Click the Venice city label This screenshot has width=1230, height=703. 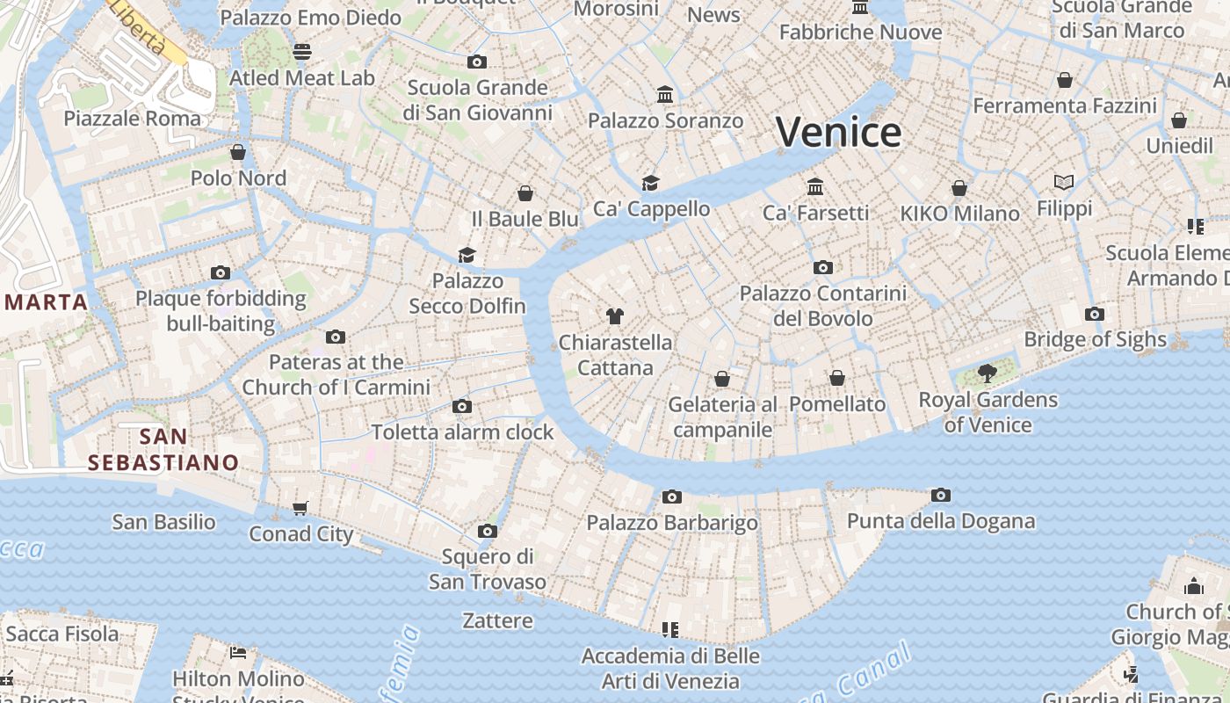[838, 133]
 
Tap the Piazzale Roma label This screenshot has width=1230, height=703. [133, 118]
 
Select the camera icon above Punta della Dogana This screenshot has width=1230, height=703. [941, 496]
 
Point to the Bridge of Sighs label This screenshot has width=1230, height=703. [1095, 339]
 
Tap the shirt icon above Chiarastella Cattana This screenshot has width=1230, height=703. [615, 316]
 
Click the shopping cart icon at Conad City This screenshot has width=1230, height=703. [300, 508]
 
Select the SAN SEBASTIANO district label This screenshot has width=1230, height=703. [163, 449]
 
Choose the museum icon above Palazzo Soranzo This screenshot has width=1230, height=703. [665, 94]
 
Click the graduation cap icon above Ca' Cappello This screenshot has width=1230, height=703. [650, 183]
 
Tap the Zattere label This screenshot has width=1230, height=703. [498, 620]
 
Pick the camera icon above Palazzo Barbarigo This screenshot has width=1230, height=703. [672, 497]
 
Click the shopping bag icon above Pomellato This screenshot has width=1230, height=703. [837, 378]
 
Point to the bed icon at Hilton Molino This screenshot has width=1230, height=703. [238, 652]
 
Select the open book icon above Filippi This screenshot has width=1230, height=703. [1064, 183]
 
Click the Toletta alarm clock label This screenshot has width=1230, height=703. [462, 431]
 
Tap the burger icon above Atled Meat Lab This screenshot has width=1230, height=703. [302, 52]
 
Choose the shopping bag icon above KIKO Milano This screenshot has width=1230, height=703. [959, 188]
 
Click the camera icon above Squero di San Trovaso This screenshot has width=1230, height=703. [488, 532]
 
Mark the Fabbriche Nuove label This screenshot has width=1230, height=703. [860, 33]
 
